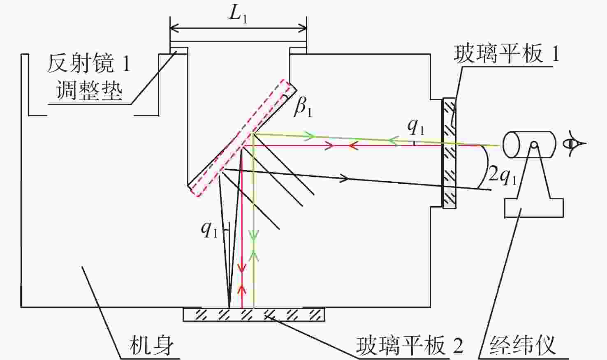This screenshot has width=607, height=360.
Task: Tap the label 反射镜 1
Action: [88, 63]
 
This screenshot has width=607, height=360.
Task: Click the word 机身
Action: [151, 346]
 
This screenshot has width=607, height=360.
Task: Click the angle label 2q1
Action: [503, 176]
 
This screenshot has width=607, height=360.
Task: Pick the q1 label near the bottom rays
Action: [209, 230]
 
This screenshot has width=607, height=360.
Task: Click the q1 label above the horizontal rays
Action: [416, 127]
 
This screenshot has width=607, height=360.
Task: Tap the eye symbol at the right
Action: [574, 143]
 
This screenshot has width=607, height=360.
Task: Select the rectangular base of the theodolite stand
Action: [534, 208]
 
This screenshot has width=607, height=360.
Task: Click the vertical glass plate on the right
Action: [449, 153]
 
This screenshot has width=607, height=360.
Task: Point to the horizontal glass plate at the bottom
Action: [254, 314]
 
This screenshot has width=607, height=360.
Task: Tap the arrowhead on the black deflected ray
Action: [344, 178]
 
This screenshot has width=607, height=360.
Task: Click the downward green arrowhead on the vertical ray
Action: [254, 235]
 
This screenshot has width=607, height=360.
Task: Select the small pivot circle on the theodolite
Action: [534, 145]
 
